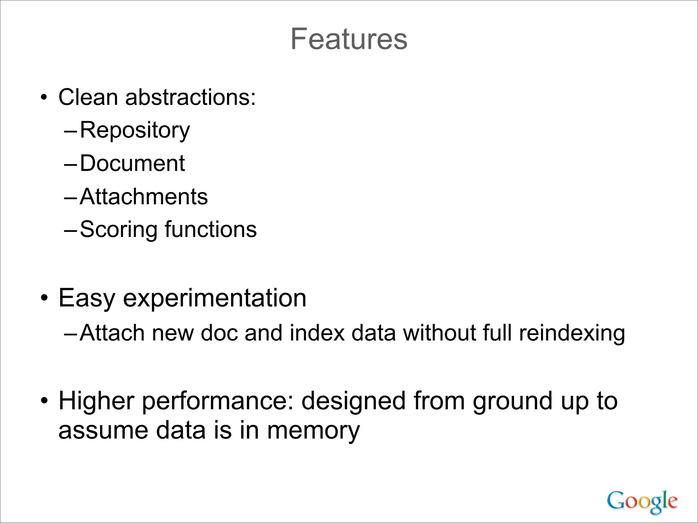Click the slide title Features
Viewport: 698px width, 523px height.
[349, 39]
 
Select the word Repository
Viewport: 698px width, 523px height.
[135, 130]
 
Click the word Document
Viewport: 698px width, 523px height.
[132, 163]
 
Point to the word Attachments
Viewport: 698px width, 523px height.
[143, 197]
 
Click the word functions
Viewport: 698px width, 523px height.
[211, 229]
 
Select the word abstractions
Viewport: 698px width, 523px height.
[191, 97]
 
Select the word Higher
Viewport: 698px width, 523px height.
[96, 401]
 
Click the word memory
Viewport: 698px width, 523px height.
[313, 431]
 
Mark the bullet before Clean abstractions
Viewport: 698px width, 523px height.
[43, 98]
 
